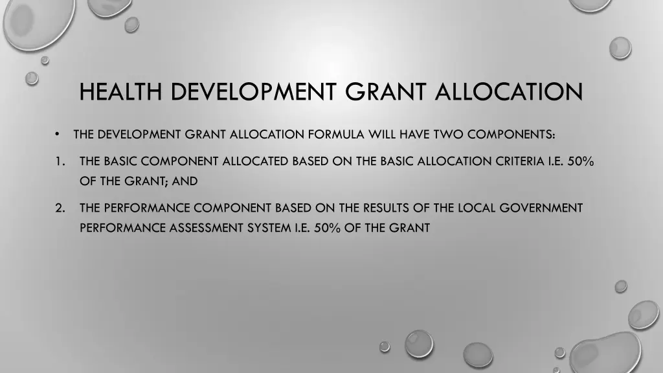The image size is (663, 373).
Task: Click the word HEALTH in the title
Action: click(x=121, y=91)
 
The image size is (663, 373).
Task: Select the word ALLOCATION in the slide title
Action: click(x=510, y=91)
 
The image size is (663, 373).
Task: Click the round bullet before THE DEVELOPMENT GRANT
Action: click(x=58, y=135)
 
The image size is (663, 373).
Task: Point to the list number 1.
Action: click(x=59, y=161)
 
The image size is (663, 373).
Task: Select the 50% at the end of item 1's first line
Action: click(x=581, y=161)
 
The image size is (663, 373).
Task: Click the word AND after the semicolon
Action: click(x=185, y=181)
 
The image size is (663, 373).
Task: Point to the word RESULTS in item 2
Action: click(x=384, y=208)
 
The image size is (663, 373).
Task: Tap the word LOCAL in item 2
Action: click(x=475, y=208)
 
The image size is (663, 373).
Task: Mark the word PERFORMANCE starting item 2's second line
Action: click(x=116, y=228)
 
